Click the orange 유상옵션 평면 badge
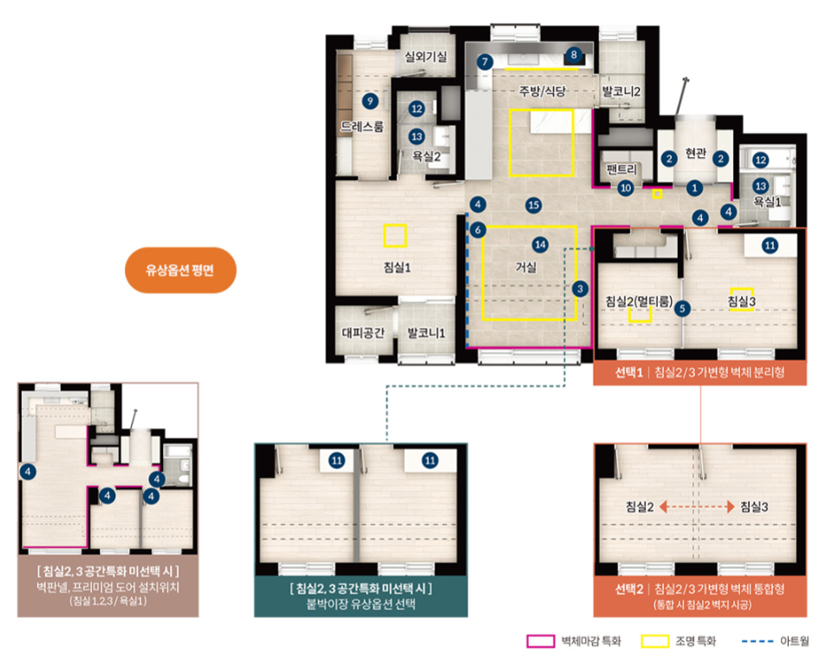click(180, 270)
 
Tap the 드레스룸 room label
click(361, 126)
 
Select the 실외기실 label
click(426, 56)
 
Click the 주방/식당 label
click(543, 91)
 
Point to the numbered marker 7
click(485, 62)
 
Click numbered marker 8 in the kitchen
click(574, 55)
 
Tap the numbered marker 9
click(370, 101)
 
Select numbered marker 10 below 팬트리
click(626, 188)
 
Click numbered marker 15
click(533, 205)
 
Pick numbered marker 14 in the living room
click(540, 245)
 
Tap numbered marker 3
click(580, 289)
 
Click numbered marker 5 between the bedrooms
click(682, 309)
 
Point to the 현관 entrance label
click(695, 154)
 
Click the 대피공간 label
click(363, 333)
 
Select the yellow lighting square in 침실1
click(395, 235)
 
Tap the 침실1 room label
click(397, 267)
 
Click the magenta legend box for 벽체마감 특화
click(541, 641)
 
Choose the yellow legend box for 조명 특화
click(655, 641)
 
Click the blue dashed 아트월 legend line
click(758, 641)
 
